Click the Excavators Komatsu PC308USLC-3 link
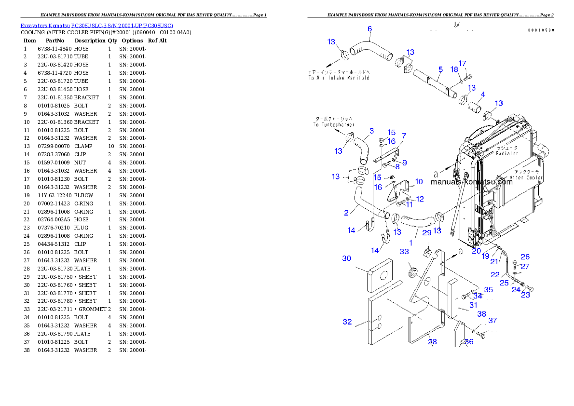[96, 25]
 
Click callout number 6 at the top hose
[369, 29]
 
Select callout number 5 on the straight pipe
[440, 69]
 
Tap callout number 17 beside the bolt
[463, 63]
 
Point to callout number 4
[483, 94]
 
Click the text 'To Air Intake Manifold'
[339, 78]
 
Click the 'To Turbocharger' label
[333, 125]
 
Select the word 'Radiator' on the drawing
[507, 153]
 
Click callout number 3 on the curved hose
[371, 131]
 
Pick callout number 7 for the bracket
[404, 136]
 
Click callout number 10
[419, 182]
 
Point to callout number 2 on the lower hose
[346, 213]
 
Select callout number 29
[426, 233]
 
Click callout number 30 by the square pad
[347, 258]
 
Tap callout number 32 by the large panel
[347, 322]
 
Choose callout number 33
[404, 252]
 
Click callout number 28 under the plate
[432, 341]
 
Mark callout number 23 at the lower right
[525, 295]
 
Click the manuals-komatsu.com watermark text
[471, 182]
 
